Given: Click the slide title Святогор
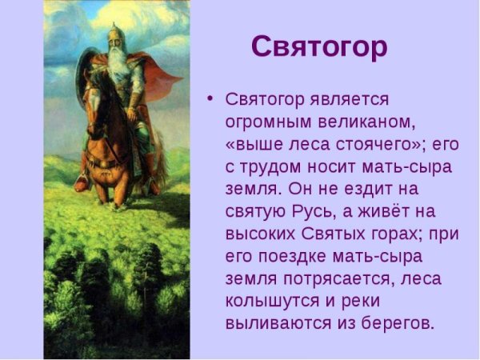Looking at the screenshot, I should [319, 46].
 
